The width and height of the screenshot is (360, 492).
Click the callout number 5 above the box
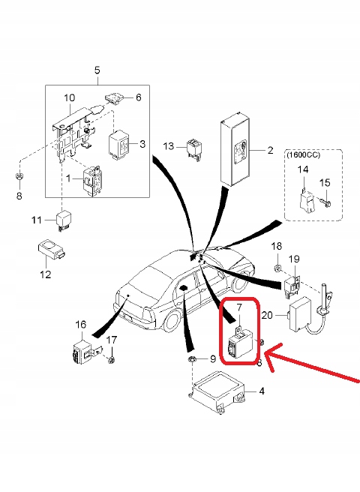[97, 70]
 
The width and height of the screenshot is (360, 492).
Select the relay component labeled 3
[118, 143]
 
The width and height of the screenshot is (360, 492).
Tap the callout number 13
[169, 146]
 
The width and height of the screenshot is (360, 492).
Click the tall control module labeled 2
[235, 148]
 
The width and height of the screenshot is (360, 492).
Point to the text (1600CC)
[302, 155]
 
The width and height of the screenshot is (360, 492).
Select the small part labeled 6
[115, 99]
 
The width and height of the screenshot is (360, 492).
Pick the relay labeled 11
[64, 221]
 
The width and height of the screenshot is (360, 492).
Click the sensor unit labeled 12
[51, 250]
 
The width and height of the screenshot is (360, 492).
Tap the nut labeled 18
[277, 268]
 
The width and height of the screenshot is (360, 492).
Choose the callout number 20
[267, 315]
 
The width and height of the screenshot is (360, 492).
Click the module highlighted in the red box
[242, 345]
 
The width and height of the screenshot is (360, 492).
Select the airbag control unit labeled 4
[217, 392]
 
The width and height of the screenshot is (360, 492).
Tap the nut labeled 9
[191, 359]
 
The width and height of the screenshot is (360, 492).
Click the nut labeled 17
[110, 359]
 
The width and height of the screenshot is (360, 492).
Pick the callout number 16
[81, 325]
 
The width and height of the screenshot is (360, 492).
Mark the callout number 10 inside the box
[69, 97]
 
